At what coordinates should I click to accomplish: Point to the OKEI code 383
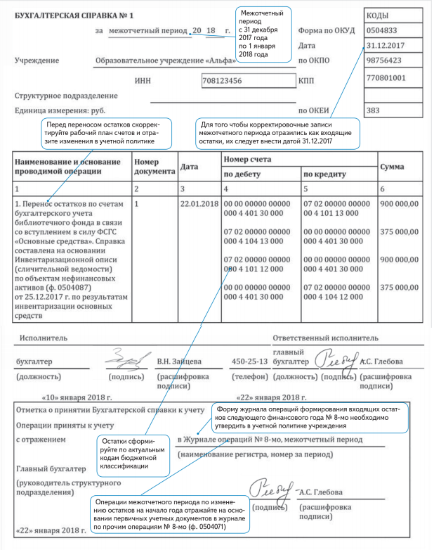click(x=374, y=110)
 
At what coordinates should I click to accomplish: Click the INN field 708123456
click(x=224, y=82)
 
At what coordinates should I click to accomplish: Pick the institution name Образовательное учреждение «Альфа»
click(x=164, y=60)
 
